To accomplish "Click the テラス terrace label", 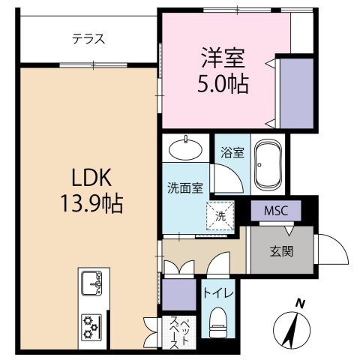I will pos(88,40).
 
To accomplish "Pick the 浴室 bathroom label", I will pos(232,152).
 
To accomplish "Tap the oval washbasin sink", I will pos(184,147).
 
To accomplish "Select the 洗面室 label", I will pos(184,188).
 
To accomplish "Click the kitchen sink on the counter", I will pos(94,282).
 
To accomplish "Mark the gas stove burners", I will pos(93,325).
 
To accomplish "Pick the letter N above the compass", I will pos(299,304).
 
